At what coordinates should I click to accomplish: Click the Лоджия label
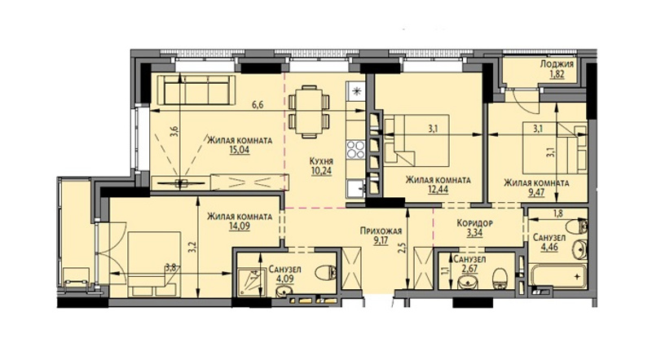[x=557, y=64]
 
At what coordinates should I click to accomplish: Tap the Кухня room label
[x=321, y=161]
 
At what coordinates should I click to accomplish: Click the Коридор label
[x=474, y=223]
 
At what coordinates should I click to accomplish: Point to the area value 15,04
[x=239, y=150]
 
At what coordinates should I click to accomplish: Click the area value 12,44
[x=438, y=190]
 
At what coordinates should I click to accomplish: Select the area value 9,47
[x=536, y=192]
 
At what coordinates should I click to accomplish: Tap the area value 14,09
[x=240, y=226]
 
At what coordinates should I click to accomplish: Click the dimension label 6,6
[x=258, y=105]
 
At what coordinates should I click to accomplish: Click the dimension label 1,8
[x=557, y=214]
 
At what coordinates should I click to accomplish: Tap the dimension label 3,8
[x=170, y=268]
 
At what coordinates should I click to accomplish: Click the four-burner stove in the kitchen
[x=356, y=150]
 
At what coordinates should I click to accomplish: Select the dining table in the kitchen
[x=309, y=112]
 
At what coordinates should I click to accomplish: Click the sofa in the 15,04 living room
[x=196, y=90]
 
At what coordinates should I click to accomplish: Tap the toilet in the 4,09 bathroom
[x=326, y=274]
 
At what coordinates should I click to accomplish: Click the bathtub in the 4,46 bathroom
[x=557, y=275]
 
